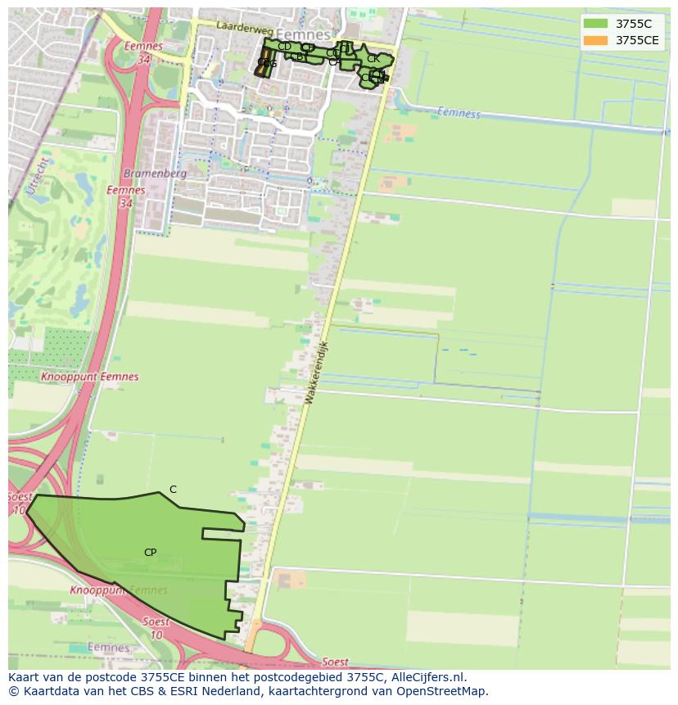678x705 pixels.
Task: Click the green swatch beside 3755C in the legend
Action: (x=596, y=24)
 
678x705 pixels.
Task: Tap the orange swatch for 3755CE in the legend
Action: (x=596, y=40)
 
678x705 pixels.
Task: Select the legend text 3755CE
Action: (x=637, y=40)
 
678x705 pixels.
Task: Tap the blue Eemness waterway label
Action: (x=459, y=112)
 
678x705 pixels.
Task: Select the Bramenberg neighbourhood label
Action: (x=155, y=174)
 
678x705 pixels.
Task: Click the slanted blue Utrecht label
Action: (x=38, y=177)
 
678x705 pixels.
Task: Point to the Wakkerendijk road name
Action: (x=315, y=373)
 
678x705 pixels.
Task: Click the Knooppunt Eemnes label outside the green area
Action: (x=89, y=377)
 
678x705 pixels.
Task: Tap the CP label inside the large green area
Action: (x=150, y=553)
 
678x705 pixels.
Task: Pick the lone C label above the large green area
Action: (x=173, y=490)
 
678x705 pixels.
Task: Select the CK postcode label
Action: (x=373, y=59)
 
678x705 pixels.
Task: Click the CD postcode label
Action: (x=284, y=47)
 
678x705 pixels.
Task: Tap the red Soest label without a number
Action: (x=335, y=662)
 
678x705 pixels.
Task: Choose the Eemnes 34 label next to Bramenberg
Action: (x=126, y=196)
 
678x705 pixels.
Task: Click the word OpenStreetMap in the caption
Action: (x=442, y=691)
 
